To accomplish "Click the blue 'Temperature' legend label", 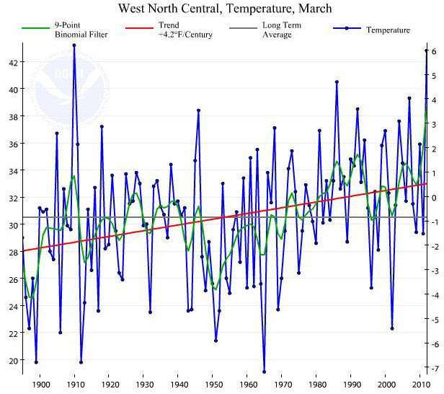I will pyautogui.click(x=388, y=30).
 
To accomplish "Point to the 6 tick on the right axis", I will pyautogui.click(x=435, y=51).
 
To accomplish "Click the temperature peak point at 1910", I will pyautogui.click(x=74, y=45).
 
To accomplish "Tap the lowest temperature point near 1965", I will pyautogui.click(x=264, y=372).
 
